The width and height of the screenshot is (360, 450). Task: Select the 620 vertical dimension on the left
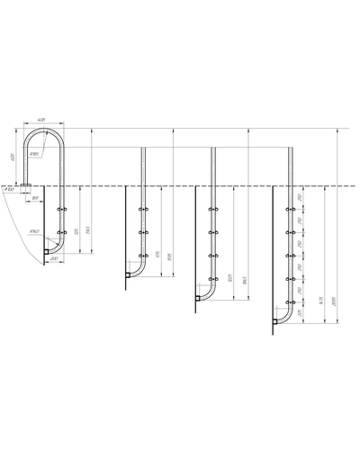pyautogui.click(x=13, y=157)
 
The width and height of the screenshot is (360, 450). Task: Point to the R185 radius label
pyautogui.click(x=34, y=154)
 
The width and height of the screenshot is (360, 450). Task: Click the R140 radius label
pyautogui.click(x=32, y=232)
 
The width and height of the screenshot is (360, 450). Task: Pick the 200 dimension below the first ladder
pyautogui.click(x=54, y=258)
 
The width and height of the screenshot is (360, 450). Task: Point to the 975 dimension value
pyautogui.click(x=157, y=256)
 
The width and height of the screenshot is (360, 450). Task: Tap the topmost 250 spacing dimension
pyautogui.click(x=299, y=198)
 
